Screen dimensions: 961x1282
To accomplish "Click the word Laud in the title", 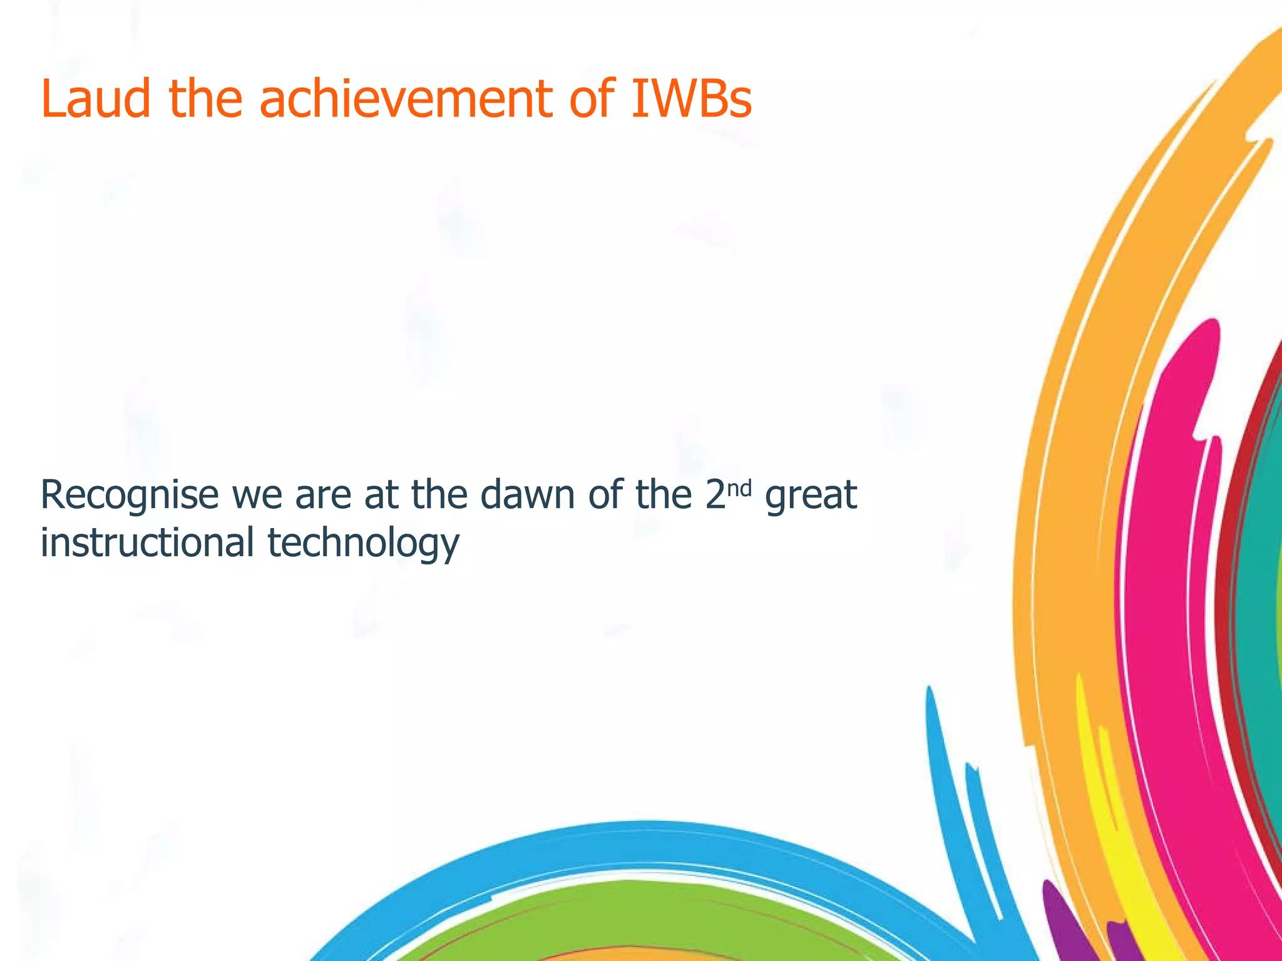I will tap(96, 99).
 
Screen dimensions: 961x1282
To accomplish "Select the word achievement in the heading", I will tap(406, 99).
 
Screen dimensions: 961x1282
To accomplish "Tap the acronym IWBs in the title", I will tap(691, 99).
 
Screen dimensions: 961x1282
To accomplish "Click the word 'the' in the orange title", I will tap(205, 99).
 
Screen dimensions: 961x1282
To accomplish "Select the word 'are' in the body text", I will tap(323, 496).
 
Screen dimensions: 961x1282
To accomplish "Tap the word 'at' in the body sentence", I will tap(381, 496).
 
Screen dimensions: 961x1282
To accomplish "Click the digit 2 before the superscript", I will tap(715, 496).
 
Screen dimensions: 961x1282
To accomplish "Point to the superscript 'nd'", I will tap(739, 488).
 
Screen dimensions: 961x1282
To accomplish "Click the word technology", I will tap(363, 543).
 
